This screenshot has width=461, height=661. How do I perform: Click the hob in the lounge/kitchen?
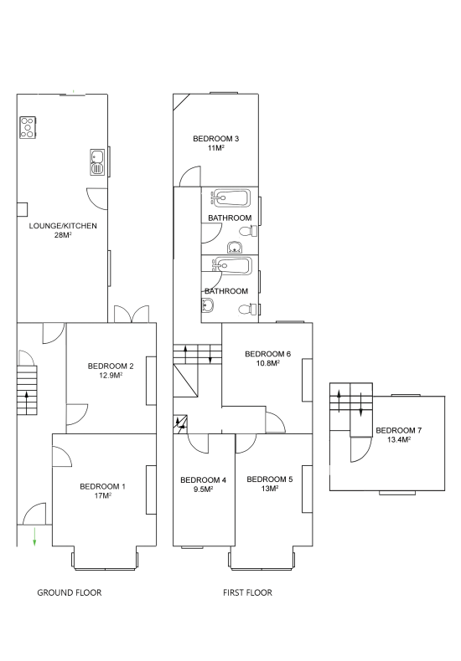[28, 127]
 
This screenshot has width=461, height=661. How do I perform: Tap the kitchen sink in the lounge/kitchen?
[97, 161]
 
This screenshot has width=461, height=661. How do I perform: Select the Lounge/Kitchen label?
[63, 226]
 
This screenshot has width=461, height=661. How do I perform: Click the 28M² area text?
[63, 235]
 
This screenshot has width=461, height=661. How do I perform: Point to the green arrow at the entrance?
[34, 536]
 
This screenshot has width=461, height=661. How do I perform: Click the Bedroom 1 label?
[102, 486]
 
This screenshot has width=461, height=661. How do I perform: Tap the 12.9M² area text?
[111, 375]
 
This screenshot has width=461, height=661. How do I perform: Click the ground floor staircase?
[27, 390]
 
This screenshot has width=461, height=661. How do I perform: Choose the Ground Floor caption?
[70, 592]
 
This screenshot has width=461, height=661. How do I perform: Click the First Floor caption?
[247, 592]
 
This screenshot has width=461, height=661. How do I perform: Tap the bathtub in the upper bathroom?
[231, 198]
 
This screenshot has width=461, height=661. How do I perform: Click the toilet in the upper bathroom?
[249, 231]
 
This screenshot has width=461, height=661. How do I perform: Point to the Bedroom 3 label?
[215, 139]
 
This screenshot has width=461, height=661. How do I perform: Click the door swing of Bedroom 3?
[189, 177]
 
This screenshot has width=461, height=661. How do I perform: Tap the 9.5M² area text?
[203, 489]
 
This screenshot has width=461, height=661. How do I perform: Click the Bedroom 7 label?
[398, 430]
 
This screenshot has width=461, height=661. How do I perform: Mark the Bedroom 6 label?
[267, 354]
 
